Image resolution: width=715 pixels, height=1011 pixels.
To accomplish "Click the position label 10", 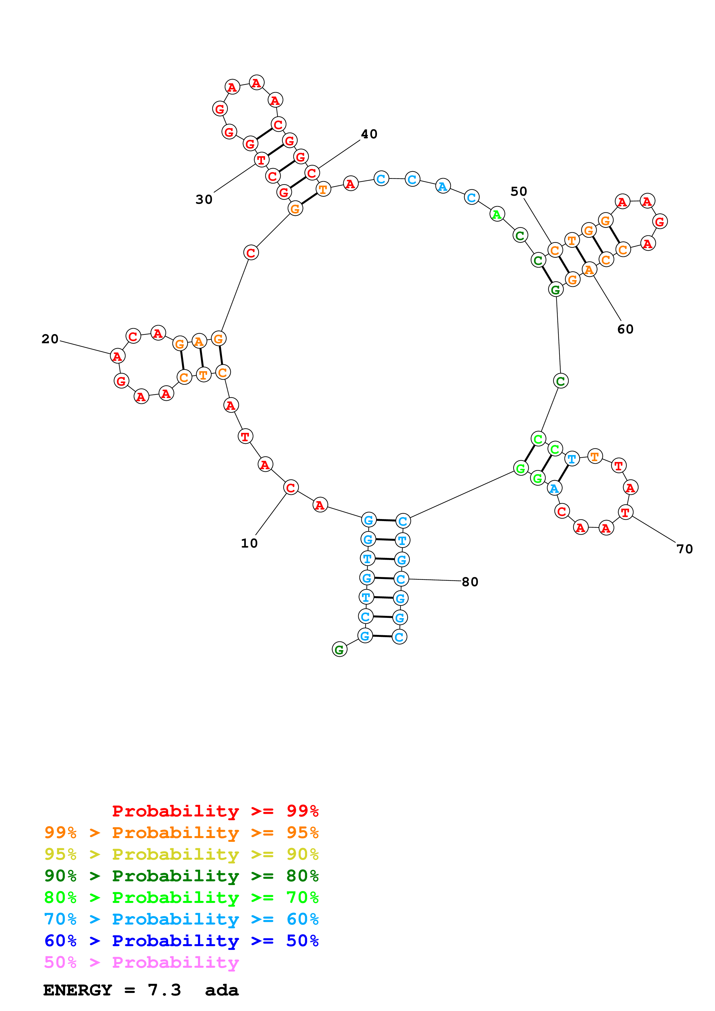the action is pos(249,543).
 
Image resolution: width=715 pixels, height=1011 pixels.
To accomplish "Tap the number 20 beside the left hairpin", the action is pos(50,339).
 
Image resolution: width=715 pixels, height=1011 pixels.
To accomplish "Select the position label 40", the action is pos(369,134).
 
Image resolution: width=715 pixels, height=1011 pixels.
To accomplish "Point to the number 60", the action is pos(625,329).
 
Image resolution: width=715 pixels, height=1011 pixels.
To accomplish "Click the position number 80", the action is pos(470,582).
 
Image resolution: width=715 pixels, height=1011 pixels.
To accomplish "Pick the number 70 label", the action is pos(685,549).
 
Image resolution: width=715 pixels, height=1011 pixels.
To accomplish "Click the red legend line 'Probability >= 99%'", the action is pos(215,811).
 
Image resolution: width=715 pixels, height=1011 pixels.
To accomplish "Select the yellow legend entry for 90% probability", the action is pos(181,854).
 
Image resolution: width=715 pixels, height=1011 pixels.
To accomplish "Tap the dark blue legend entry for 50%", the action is pos(181,941).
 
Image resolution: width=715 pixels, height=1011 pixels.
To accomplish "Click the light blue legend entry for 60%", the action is pos(181,919).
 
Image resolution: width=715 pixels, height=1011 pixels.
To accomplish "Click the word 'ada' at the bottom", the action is pos(222,990).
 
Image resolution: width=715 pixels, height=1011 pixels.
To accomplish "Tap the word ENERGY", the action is pos(78,990).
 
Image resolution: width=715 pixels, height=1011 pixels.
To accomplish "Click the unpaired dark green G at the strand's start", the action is pos(339,650).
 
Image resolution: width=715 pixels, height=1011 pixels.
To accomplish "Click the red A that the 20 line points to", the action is pos(117,356).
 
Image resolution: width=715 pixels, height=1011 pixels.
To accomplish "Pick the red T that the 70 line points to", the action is pos(625,512).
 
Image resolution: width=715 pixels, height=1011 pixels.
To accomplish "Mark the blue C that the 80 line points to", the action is pos(401,579).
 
